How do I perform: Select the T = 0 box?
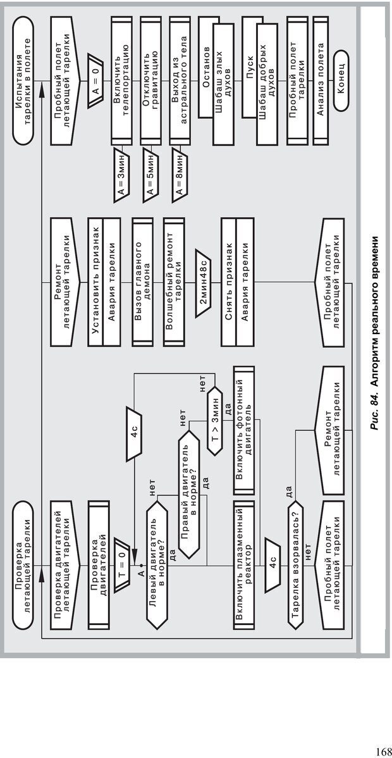[120, 557]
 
